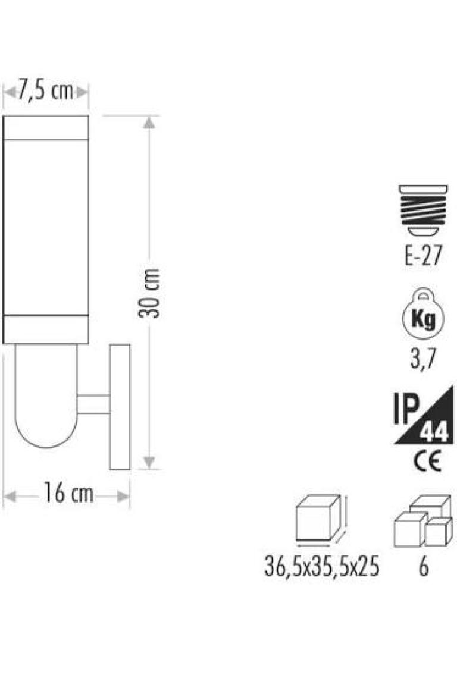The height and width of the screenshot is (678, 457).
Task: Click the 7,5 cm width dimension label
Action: point(45,91)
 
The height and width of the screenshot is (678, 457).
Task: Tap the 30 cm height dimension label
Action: point(149,293)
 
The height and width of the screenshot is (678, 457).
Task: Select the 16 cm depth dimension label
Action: point(68,493)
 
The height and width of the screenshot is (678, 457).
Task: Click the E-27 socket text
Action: point(423,255)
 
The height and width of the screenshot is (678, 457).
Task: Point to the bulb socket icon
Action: point(423,210)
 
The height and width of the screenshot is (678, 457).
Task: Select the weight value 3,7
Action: point(423,359)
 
